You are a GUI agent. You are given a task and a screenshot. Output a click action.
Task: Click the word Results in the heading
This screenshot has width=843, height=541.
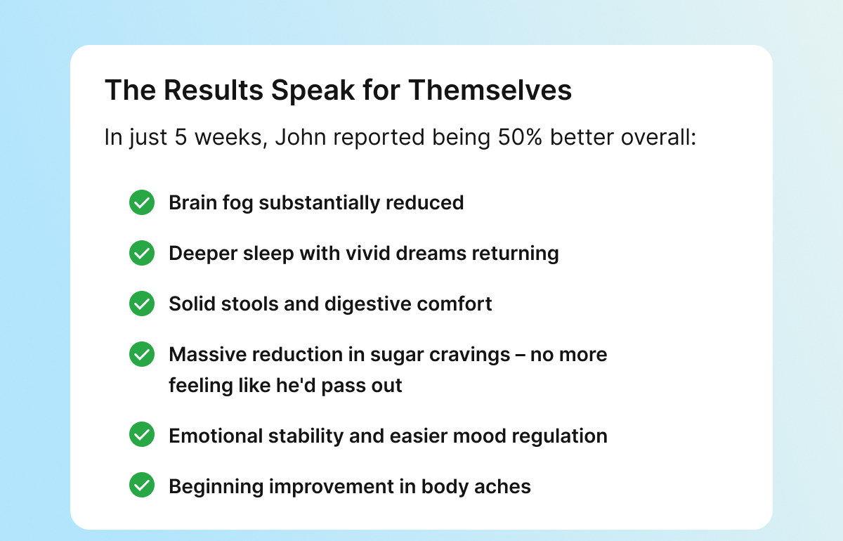[214, 91]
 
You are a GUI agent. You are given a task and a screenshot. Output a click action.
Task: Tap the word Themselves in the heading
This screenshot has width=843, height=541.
[490, 91]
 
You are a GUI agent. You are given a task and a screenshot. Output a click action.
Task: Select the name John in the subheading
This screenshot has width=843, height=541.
[301, 137]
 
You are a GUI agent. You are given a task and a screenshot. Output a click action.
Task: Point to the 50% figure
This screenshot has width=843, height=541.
[520, 137]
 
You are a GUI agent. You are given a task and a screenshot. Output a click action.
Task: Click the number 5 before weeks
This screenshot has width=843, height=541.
[181, 137]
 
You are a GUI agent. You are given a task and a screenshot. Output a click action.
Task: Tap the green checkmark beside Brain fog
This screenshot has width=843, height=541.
[142, 202]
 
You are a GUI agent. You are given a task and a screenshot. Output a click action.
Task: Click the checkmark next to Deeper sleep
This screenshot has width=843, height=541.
[142, 253]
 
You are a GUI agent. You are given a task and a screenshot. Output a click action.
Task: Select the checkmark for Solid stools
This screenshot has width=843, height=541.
[142, 304]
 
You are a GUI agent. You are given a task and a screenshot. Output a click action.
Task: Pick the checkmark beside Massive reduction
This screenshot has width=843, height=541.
[142, 354]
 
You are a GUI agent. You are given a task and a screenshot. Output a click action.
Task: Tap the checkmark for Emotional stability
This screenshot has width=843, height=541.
[142, 434]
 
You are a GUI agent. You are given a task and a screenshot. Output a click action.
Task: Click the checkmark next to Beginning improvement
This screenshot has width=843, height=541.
[142, 485]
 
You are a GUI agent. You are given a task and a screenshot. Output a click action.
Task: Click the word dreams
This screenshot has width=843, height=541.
[431, 253]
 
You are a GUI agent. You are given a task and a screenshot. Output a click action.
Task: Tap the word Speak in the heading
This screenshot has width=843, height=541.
[313, 91]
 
